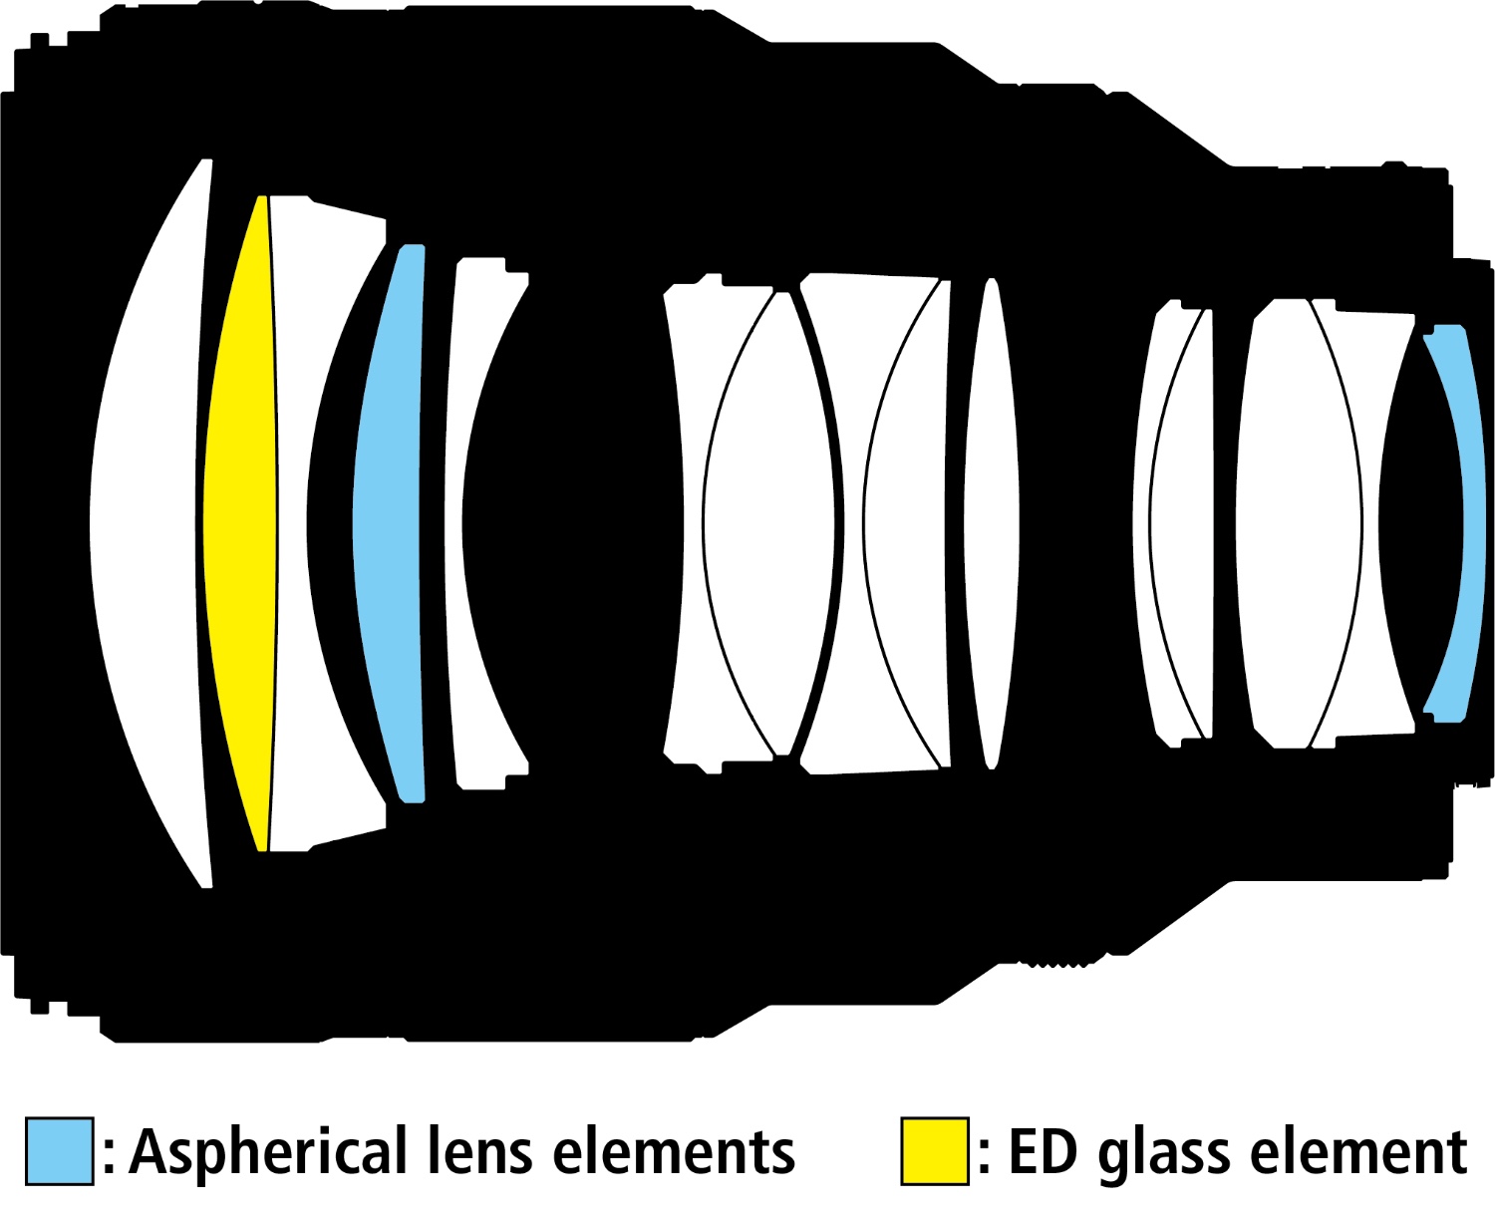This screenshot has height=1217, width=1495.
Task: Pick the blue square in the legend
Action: pos(60,1151)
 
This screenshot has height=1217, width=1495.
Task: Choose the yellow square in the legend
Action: pos(935,1151)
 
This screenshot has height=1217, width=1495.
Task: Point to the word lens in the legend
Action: pos(478,1152)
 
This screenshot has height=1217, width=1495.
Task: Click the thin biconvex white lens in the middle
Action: pos(991,523)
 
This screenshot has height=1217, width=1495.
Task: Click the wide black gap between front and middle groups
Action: pos(597,523)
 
